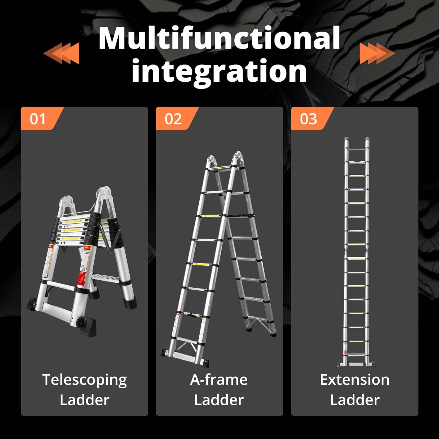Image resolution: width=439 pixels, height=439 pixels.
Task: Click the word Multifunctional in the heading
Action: point(219,38)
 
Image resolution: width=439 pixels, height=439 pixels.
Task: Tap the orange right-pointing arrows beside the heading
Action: point(377,53)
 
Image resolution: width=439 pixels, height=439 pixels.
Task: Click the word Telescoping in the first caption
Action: point(85,380)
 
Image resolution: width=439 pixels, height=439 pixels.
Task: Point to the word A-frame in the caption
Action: point(219,380)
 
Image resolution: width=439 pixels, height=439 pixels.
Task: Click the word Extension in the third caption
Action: point(355,380)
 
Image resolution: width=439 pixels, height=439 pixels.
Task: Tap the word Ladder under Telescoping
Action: point(85,400)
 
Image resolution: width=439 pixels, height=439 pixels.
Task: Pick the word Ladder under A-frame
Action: point(219,400)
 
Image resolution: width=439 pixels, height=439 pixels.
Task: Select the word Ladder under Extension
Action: point(355,400)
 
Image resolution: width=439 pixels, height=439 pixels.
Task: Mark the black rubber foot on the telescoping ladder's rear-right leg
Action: point(130,303)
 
